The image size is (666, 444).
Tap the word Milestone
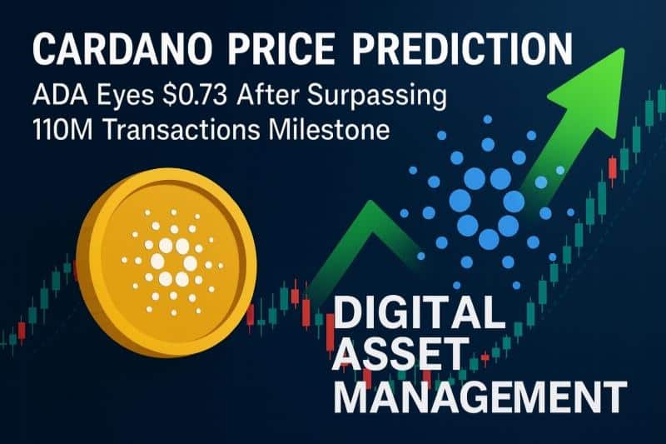329,130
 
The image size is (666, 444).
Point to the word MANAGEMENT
480,396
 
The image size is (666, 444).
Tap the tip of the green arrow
624,49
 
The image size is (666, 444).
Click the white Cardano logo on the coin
173,262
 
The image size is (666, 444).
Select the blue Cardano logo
487,202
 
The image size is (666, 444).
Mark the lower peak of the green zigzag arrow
371,202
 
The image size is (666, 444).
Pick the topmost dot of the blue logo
487,119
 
